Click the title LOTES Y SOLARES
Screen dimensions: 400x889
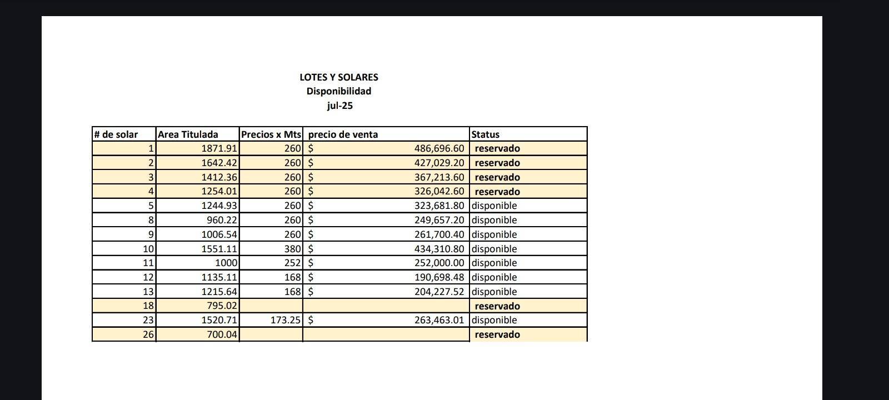click(338, 77)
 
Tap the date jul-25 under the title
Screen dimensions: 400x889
click(339, 106)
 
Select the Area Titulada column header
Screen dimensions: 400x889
click(188, 134)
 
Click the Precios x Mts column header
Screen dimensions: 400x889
click(271, 134)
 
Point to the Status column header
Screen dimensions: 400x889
click(485, 134)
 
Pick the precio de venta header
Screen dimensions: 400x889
click(343, 134)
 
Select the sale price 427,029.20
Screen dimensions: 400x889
click(439, 163)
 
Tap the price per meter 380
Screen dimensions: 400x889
click(292, 249)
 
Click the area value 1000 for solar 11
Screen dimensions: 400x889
click(226, 263)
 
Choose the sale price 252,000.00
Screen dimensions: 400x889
click(439, 263)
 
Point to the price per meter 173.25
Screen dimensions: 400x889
click(286, 320)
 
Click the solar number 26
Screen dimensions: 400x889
click(148, 334)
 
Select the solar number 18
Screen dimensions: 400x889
click(148, 306)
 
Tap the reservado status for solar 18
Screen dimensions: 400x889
click(497, 306)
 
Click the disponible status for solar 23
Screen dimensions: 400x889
click(494, 320)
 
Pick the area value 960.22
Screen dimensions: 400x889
click(222, 220)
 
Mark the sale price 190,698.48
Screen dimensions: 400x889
click(439, 277)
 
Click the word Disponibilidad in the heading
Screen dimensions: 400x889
click(338, 91)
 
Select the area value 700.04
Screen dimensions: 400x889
click(222, 334)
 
